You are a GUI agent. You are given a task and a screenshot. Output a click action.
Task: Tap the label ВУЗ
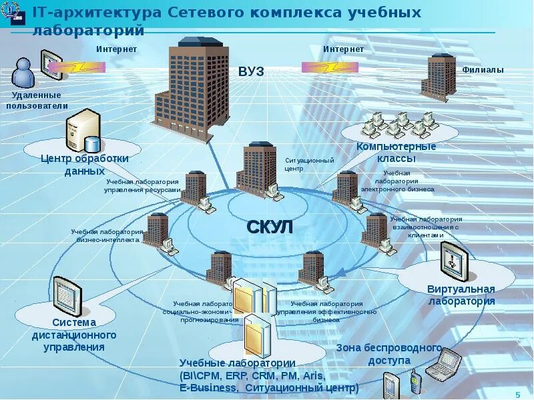coord(251,72)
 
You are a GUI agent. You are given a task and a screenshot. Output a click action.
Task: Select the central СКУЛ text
coord(270,227)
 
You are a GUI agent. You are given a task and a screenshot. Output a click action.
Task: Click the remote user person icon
coord(23,73)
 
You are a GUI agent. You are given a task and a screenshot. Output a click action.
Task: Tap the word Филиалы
coord(483,70)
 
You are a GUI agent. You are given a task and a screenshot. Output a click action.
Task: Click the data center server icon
coord(82,131)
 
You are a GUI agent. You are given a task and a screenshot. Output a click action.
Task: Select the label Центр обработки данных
coord(84,165)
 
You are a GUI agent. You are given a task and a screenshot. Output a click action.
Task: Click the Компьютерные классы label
coord(396,153)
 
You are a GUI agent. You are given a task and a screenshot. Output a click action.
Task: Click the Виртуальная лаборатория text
coord(461,295)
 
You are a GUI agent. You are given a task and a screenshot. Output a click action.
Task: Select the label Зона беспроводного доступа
coord(389,354)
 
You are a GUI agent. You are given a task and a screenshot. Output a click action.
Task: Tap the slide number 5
coord(517,394)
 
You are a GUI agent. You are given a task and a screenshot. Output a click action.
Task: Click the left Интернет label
coord(117,49)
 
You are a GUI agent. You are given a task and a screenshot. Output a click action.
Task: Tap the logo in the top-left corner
coord(14,14)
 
